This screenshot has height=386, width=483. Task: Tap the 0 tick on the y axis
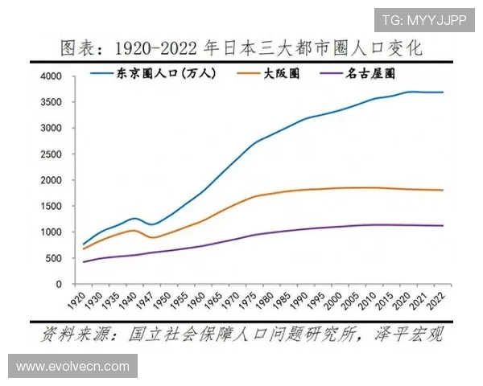pyautogui.click(x=59, y=284)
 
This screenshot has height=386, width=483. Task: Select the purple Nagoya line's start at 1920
pyautogui.click(x=84, y=261)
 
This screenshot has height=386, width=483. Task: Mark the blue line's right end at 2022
pyautogui.click(x=443, y=92)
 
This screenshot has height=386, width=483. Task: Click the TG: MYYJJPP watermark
pyautogui.click(x=423, y=20)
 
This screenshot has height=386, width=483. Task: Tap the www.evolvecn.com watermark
pyautogui.click(x=72, y=366)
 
